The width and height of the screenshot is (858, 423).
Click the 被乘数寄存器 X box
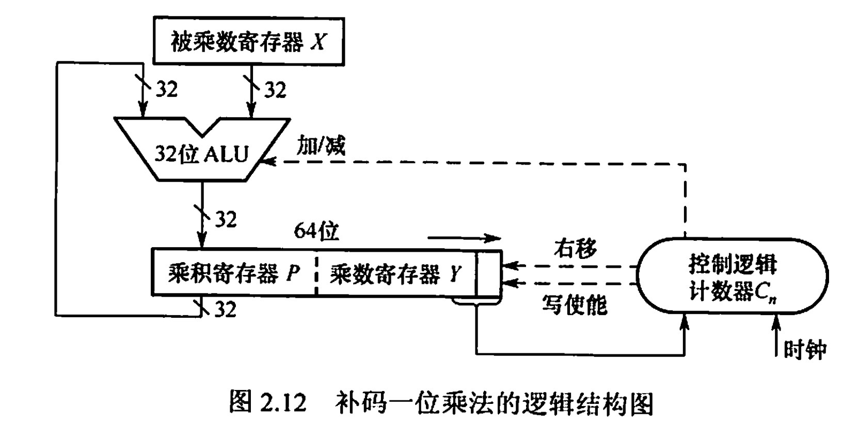pyautogui.click(x=248, y=41)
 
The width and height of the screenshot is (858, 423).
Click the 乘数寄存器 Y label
pyautogui.click(x=395, y=274)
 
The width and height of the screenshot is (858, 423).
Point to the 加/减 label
pyautogui.click(x=321, y=146)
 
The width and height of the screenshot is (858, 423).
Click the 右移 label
pyautogui.click(x=576, y=248)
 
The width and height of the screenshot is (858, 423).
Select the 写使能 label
pyautogui.click(x=574, y=305)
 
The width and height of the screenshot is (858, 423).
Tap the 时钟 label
pyautogui.click(x=805, y=349)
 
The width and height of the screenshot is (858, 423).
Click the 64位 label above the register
pyautogui.click(x=316, y=231)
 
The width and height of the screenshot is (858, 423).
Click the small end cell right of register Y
pyautogui.click(x=488, y=273)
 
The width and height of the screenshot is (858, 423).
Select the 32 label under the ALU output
pyautogui.click(x=225, y=219)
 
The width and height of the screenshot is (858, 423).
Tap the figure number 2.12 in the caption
pyautogui.click(x=283, y=402)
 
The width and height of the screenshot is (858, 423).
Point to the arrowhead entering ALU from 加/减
pyautogui.click(x=268, y=162)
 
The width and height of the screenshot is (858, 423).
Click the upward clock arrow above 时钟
pyautogui.click(x=775, y=335)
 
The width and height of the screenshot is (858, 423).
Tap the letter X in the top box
pyautogui.click(x=318, y=42)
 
